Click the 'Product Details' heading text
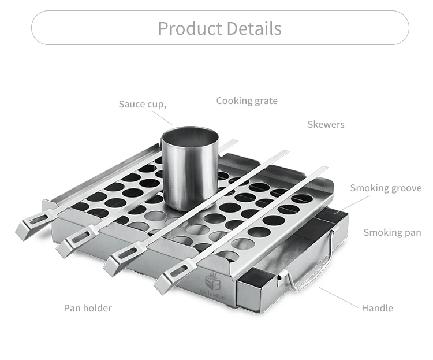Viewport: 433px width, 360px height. tap(220, 28)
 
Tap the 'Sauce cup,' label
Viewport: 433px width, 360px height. tap(143, 104)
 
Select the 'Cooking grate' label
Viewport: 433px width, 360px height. tap(247, 101)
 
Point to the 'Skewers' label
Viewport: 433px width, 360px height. tap(326, 124)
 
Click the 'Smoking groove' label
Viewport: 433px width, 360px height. tap(386, 188)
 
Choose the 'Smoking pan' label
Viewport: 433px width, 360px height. tap(392, 232)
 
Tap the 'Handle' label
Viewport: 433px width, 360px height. tap(377, 308)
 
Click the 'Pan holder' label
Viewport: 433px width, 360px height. tap(88, 308)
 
